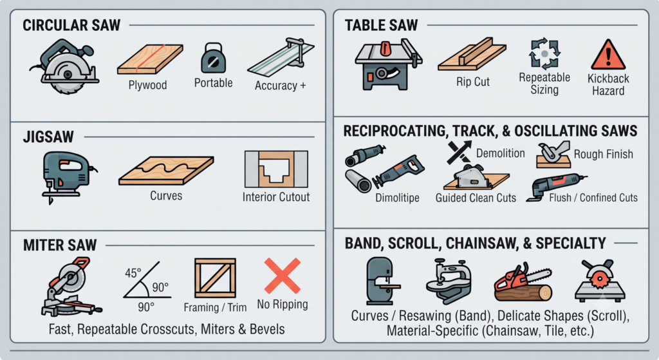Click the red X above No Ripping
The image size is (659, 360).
coord(283,276)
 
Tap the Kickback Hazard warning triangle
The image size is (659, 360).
coord(608,55)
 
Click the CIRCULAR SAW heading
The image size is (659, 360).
coord(71,25)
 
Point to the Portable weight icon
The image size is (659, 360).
coord(214,58)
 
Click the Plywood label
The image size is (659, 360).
coord(147,85)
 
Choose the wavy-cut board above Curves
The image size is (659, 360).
coord(166,170)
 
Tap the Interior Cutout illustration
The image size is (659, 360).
coord(276,169)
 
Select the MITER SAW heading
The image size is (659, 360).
coord(60,245)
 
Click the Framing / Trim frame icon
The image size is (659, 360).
coord(215,278)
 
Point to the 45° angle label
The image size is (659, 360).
coord(133,273)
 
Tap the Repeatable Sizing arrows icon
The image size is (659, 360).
coord(544,54)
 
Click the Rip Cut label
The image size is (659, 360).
coord(473,82)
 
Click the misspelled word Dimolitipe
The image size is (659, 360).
coord(397,198)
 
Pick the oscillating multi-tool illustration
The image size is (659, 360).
coord(557,187)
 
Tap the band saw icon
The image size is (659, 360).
coord(382,281)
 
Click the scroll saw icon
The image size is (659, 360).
coord(448,281)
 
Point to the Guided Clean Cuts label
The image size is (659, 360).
coord(476,198)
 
